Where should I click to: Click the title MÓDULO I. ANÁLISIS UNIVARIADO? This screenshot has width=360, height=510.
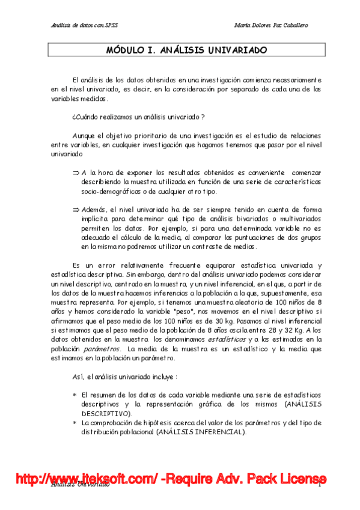coord(186,51)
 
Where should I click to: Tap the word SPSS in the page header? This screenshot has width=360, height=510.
coord(110,26)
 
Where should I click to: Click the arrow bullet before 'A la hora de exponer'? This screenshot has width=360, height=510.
coord(76,172)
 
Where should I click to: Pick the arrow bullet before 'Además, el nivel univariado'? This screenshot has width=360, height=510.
coord(76,208)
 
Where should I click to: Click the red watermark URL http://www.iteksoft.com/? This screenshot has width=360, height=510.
coord(87,479)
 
